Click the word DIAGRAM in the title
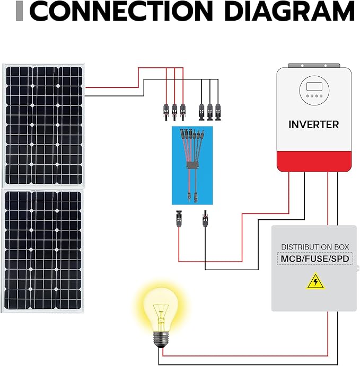289,12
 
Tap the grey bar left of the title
20,12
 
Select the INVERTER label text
313,125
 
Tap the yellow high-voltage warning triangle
315,282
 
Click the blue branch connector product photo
191,165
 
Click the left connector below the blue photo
178,218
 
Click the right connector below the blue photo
205,218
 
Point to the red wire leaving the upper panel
111,87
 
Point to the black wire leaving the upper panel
111,96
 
